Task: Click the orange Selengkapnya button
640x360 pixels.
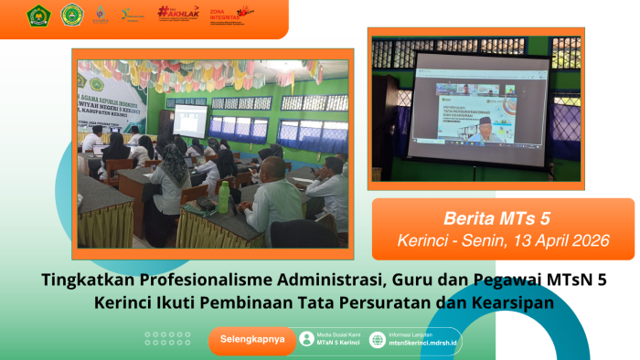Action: coord(252,340)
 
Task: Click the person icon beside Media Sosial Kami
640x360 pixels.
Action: coord(306,339)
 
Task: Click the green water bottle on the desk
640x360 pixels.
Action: coord(224,192)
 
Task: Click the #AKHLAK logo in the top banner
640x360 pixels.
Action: coord(177,13)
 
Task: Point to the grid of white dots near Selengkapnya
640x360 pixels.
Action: coord(167,339)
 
